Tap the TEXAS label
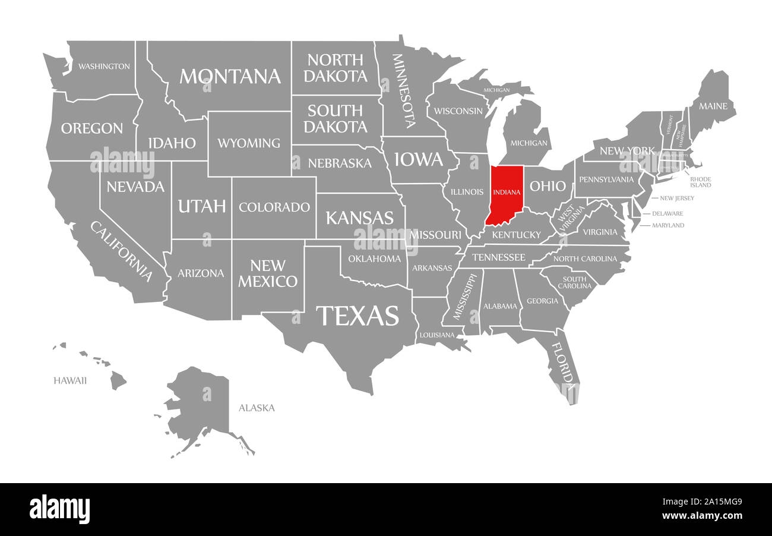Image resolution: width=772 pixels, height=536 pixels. coord(357,316)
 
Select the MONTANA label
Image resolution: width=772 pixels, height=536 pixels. coord(230,76)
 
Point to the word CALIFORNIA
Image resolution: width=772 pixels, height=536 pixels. coord(121,251)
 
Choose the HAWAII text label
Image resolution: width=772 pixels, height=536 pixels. coord(70,380)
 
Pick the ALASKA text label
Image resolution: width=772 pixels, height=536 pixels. coord(257,408)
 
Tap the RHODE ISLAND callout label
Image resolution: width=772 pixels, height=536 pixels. coord(700,182)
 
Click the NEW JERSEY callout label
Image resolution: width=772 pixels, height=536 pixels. coord(673,198)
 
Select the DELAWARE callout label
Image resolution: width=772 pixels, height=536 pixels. coord(667,213)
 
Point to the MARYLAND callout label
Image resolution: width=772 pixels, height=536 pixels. coord(668,225)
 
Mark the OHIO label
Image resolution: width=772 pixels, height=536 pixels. coord(548,186)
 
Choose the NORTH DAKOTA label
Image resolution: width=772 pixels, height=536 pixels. coord(336,68)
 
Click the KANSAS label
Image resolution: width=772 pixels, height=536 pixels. coord(359,217)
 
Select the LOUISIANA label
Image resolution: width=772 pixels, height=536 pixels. coord(436,335)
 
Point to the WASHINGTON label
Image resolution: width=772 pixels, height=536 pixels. coord(104,66)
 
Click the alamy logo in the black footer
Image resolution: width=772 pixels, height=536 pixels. coord(59,509)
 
